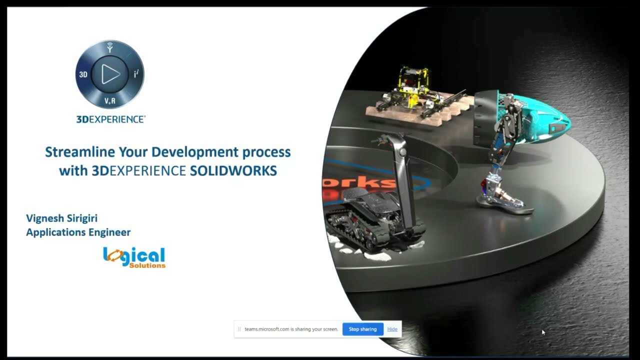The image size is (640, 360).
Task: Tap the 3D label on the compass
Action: coord(83,74)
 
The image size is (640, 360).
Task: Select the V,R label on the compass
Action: coord(110,101)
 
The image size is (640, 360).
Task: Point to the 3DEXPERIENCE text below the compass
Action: coord(111,119)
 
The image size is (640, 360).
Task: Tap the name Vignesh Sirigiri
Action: coord(61,218)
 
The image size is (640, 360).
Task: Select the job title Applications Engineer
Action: coord(78,232)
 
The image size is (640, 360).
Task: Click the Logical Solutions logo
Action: coord(134,257)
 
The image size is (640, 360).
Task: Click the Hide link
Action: coord(392,329)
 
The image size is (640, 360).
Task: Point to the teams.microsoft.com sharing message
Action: coord(291,329)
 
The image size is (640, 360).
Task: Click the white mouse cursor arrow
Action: coord(543,332)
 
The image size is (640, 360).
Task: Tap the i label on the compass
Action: coord(136,74)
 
